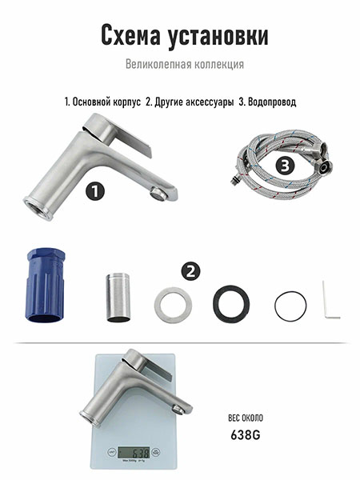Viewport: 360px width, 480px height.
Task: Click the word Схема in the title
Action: coord(130,35)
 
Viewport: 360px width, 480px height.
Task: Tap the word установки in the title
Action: coord(218,37)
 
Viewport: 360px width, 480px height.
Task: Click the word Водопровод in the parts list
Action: coord(272,102)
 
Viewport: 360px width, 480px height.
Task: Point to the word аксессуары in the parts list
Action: coord(210,102)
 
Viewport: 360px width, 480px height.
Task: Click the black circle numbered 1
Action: coord(95,191)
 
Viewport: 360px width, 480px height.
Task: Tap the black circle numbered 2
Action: coord(190,271)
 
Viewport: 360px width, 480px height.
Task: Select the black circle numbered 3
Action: coord(285,166)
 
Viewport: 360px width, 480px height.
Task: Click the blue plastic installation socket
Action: coord(45,286)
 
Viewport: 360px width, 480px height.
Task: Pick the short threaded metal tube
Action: coord(118,298)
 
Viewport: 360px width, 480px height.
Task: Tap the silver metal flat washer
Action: coord(173,305)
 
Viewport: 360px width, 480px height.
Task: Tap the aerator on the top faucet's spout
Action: coord(157,193)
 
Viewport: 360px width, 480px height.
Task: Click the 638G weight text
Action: coord(246,434)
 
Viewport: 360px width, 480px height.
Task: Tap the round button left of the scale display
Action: coord(112,452)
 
